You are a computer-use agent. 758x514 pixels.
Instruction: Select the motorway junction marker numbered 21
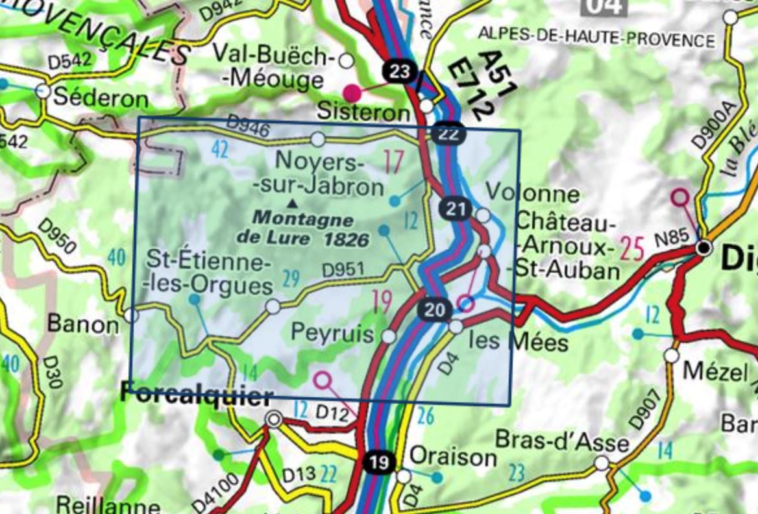pos(457,209)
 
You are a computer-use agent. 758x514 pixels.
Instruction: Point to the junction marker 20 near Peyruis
pos(435,310)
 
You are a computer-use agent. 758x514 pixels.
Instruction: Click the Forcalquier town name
pos(188,395)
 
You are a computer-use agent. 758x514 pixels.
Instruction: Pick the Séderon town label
pos(101,99)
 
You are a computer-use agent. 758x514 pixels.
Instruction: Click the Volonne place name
pos(533,193)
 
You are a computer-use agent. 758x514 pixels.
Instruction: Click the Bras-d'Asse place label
pos(562,441)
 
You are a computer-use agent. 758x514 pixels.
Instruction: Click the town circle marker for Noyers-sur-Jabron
pos(317,139)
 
